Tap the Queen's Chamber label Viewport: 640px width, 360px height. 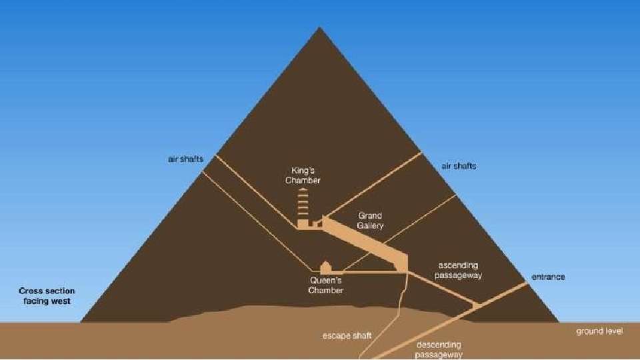point(326,285)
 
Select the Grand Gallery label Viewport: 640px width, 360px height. point(370,221)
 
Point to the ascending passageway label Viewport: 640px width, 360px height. point(458,270)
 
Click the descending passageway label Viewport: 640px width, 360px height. point(439,349)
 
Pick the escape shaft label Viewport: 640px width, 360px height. point(347,335)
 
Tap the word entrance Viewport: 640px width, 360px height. point(548,277)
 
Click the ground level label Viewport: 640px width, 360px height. point(600,331)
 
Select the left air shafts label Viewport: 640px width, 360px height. point(185,159)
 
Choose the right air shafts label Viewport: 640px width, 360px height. point(459,165)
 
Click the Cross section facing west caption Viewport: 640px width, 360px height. point(47,296)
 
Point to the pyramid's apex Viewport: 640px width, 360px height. point(320,28)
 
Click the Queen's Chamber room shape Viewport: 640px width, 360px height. point(326,267)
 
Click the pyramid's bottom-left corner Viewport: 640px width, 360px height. point(81,322)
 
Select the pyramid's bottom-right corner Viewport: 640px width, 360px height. point(559,322)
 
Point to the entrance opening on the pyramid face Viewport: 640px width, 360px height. point(527,283)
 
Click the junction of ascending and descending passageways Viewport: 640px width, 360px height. point(475,305)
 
